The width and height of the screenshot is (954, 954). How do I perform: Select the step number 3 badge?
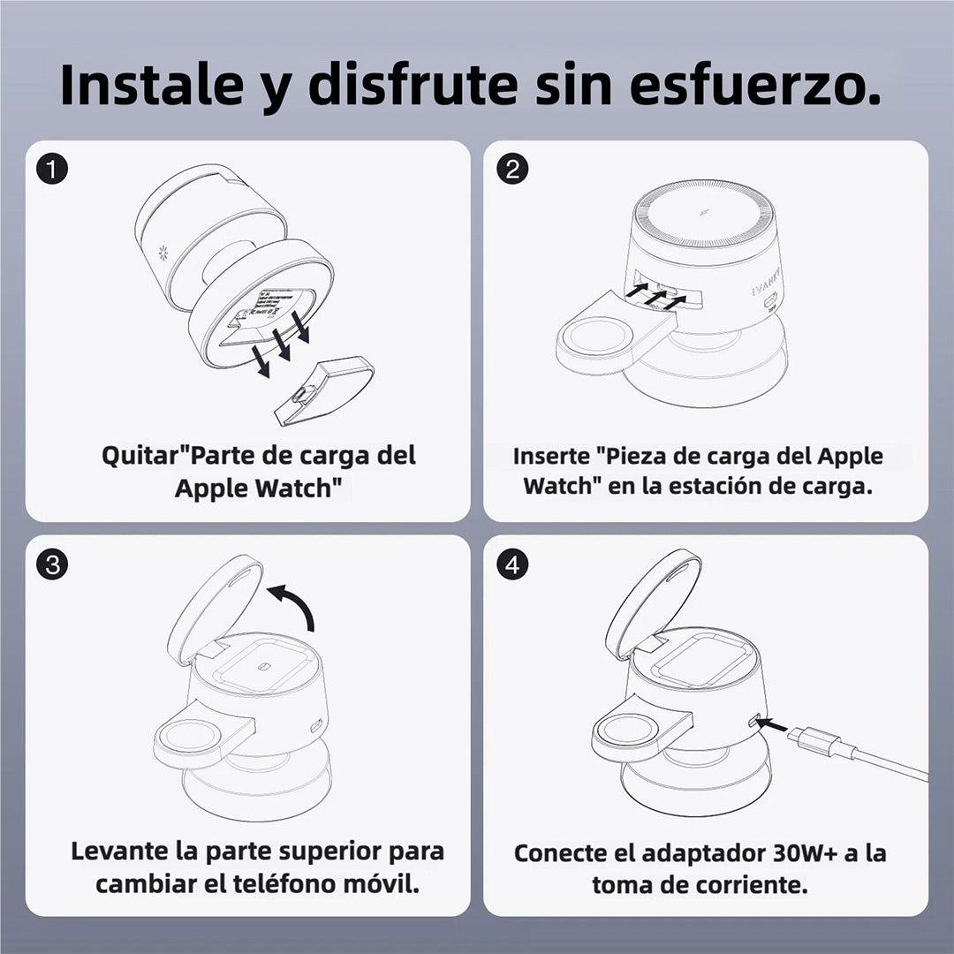pos(55,564)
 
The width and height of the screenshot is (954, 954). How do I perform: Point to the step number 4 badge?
pos(512,564)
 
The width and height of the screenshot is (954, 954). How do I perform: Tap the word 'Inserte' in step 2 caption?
pos(550,457)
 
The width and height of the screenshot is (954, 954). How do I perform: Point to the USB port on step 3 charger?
pos(315,728)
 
